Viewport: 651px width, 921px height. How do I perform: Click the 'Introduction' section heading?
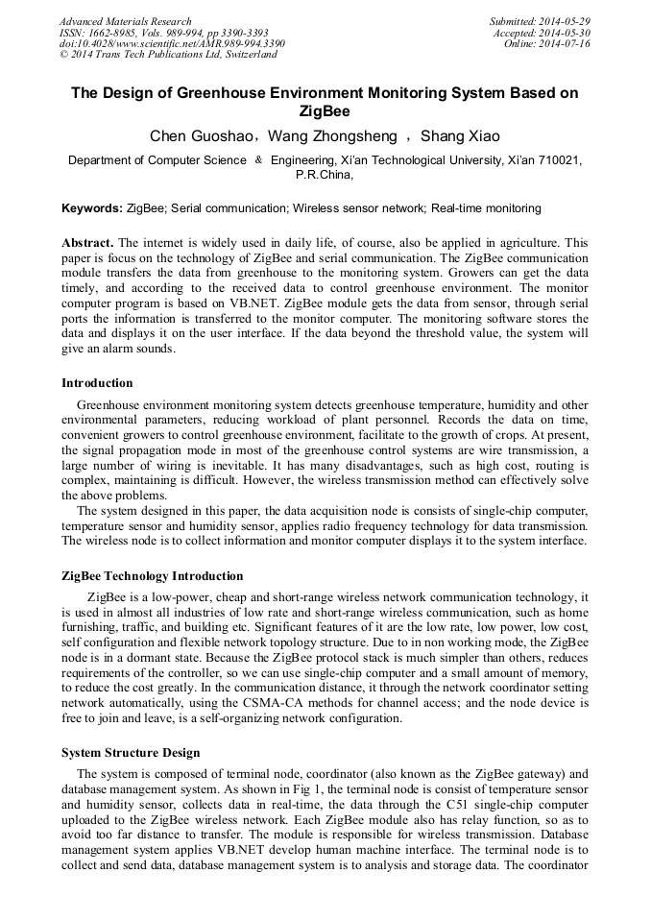(x=97, y=383)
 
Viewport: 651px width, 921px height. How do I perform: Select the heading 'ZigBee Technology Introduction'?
(x=152, y=576)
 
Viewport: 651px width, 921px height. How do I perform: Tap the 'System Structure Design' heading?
(x=131, y=753)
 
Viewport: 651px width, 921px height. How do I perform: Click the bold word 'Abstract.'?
(x=88, y=243)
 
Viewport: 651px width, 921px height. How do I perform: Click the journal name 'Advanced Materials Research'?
(x=126, y=21)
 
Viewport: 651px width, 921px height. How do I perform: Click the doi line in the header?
(x=172, y=43)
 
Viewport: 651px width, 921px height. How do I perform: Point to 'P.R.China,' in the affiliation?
(x=325, y=176)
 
